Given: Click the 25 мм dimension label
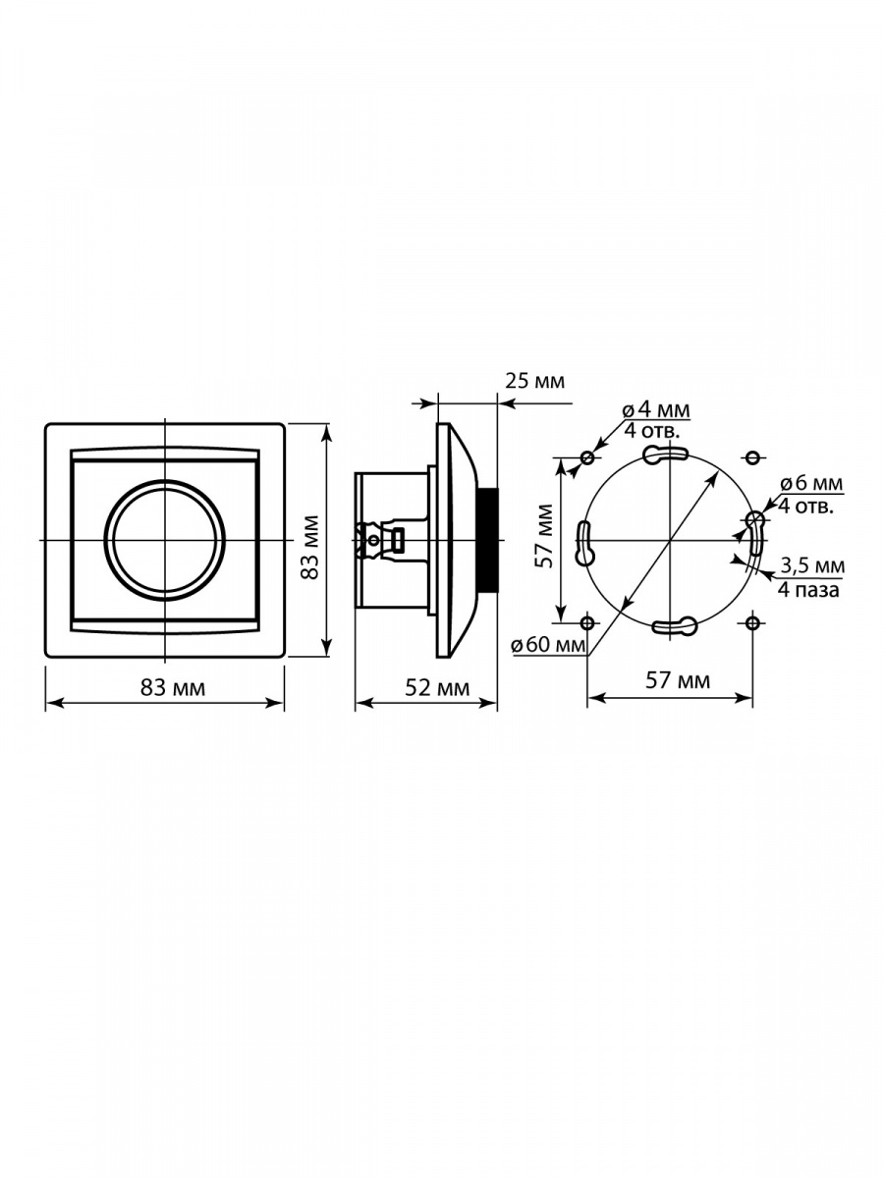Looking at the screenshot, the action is point(534,381).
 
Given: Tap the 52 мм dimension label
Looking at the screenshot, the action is point(437,687).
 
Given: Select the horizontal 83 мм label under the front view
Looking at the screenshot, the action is point(173,687).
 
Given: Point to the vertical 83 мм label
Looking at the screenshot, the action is point(310,548).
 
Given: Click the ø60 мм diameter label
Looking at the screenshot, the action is point(548,645).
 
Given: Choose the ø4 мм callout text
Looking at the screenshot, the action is point(656,410).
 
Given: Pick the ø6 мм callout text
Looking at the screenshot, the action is point(811,484).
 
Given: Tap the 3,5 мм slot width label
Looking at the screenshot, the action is point(812,565).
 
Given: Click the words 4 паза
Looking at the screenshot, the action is point(808,590).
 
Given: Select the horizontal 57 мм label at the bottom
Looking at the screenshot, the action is point(678,680).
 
